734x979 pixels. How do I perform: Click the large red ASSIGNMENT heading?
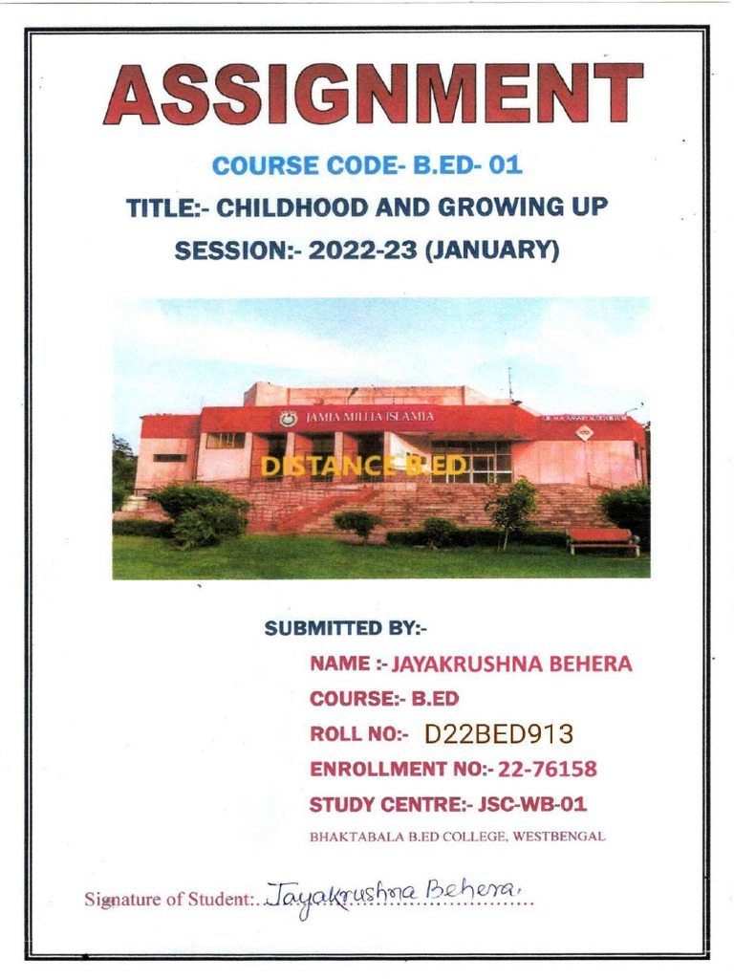[373, 96]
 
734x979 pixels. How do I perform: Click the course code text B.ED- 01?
[468, 165]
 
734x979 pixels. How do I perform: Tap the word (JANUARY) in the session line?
[491, 250]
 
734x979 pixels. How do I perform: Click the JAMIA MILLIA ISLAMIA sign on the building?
[369, 417]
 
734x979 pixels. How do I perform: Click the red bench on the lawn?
[602, 539]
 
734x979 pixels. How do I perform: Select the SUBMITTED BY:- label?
[346, 628]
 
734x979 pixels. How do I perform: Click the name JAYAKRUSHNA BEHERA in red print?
[512, 664]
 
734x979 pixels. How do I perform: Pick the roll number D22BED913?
[499, 734]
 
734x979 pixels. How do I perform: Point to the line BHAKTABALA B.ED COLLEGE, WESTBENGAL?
[457, 836]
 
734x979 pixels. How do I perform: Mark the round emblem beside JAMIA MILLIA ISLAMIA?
[288, 418]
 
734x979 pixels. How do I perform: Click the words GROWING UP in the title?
[531, 207]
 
